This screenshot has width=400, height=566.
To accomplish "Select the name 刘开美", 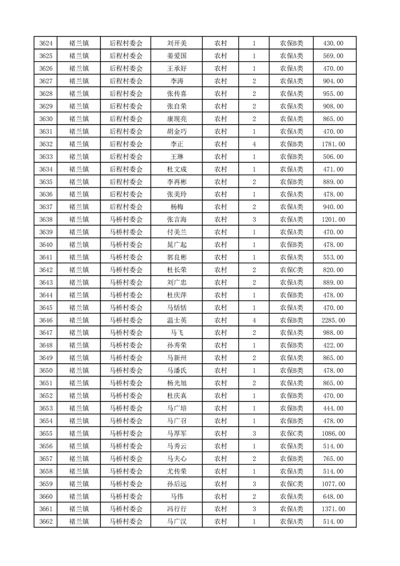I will pyautogui.click(x=177, y=43).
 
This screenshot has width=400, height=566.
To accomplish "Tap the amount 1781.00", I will pyautogui.click(x=333, y=144).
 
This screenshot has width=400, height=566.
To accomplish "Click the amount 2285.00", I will pyautogui.click(x=333, y=320).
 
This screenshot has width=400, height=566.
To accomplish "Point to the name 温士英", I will pyautogui.click(x=177, y=320).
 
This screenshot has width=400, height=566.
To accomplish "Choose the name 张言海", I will pyautogui.click(x=177, y=219).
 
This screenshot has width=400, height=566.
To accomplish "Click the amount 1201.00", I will pyautogui.click(x=333, y=219).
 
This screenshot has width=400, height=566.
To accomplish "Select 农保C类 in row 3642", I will pyautogui.click(x=292, y=270).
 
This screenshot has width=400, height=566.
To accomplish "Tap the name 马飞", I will pyautogui.click(x=177, y=333).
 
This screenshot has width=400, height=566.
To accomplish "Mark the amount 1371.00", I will pyautogui.click(x=333, y=509).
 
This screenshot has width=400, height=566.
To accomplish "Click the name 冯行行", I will pyautogui.click(x=177, y=509).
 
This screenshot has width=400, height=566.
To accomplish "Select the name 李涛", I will pyautogui.click(x=177, y=81).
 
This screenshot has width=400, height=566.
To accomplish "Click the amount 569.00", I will pyautogui.click(x=333, y=56).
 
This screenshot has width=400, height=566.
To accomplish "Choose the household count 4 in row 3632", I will pyautogui.click(x=254, y=144).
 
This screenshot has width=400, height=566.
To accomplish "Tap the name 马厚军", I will pyautogui.click(x=177, y=433).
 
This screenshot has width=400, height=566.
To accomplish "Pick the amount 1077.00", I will pyautogui.click(x=333, y=484).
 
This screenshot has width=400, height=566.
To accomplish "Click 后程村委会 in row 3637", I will pyautogui.click(x=126, y=207).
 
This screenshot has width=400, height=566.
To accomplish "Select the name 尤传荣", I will pyautogui.click(x=177, y=471).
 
